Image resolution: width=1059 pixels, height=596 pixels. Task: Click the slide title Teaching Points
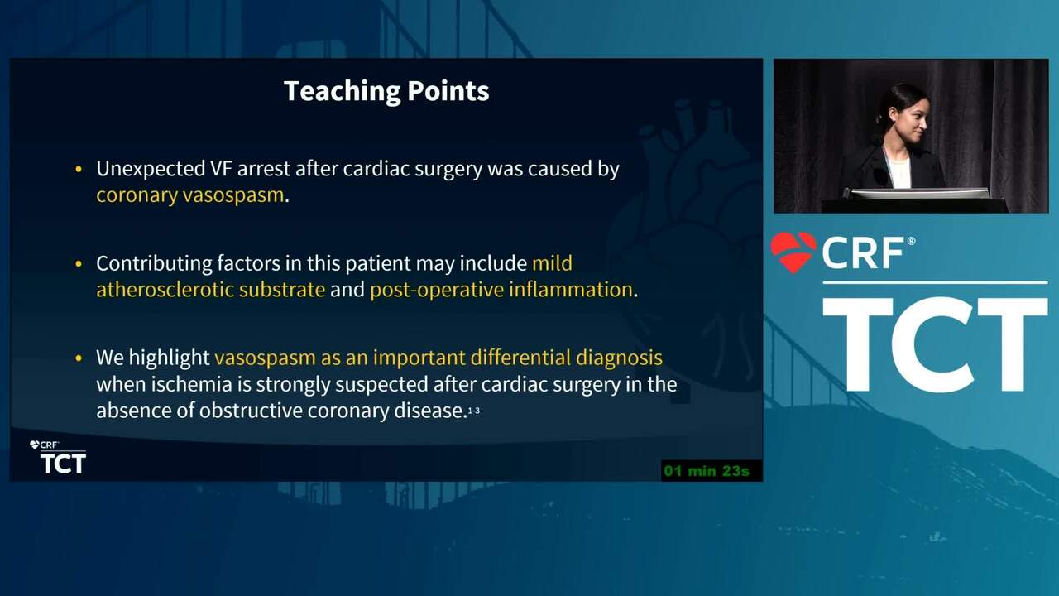386,91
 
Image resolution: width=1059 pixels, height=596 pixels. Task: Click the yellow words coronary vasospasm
190,195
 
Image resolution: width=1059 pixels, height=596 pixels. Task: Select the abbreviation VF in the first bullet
221,168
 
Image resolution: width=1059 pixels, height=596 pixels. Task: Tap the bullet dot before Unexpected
79,169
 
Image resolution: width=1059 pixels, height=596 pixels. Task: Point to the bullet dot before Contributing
79,263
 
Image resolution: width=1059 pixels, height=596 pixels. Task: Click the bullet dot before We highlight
79,358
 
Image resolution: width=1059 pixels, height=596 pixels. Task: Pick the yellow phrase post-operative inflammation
501,290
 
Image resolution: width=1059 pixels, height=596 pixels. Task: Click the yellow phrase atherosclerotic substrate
211,290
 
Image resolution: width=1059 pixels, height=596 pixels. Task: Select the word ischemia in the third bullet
191,384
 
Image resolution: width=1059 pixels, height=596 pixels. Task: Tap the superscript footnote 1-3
474,411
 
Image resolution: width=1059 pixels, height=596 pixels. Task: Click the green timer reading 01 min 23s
707,471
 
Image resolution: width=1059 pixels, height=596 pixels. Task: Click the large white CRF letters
863,253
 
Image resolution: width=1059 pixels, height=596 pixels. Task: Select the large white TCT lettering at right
935,344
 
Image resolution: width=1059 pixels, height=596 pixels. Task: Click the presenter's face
908,117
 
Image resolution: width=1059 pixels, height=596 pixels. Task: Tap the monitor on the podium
918,194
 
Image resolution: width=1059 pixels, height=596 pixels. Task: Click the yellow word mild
552,263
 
